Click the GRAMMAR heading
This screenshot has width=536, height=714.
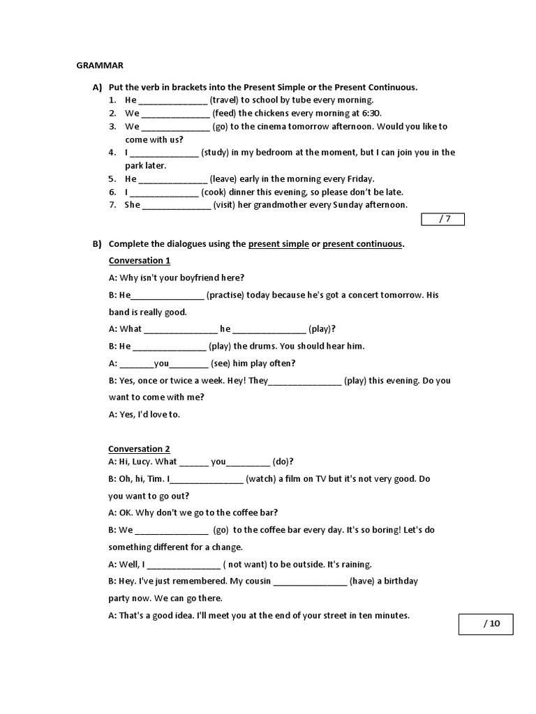100,66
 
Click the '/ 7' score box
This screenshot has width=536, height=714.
442,220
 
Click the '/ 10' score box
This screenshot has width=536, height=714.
485,624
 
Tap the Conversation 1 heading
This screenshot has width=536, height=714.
140,261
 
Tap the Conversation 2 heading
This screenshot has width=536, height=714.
139,449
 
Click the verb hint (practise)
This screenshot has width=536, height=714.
230,295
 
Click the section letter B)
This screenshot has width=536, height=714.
96,244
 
